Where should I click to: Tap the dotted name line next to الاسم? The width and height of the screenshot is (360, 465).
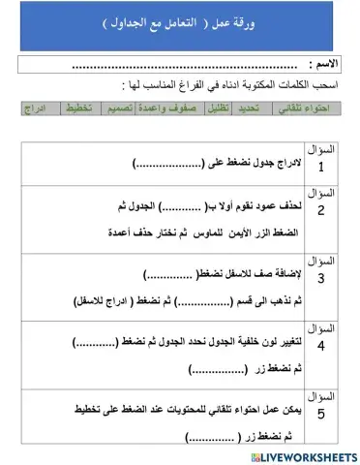coord(184,66)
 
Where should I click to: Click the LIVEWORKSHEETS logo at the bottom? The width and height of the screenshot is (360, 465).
coord(303,454)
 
